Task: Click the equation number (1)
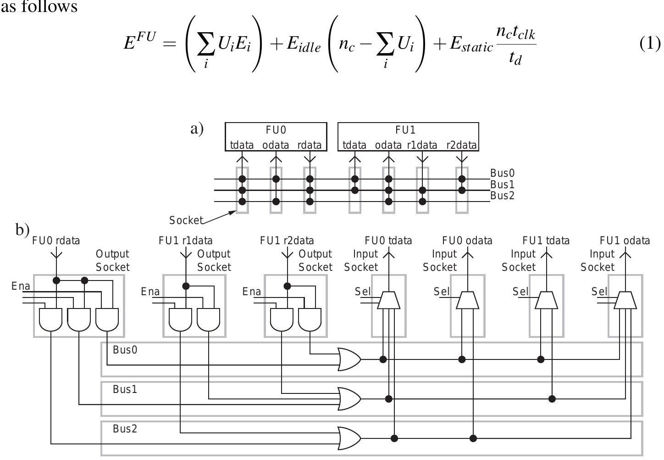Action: [650, 44]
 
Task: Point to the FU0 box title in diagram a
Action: [276, 130]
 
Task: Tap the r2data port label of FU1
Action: [462, 145]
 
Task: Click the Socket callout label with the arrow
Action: [186, 220]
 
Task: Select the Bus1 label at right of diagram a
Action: [503, 185]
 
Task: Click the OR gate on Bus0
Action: [349, 359]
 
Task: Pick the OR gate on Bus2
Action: [349, 438]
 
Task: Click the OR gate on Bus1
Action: [349, 398]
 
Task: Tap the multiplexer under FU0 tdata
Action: [389, 300]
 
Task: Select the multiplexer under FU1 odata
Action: [625, 300]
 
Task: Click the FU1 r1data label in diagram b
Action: [186, 241]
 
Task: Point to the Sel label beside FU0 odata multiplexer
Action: [442, 292]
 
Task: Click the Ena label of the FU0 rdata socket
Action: [21, 286]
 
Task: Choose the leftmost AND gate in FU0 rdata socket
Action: [50, 320]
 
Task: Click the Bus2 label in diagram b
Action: [125, 429]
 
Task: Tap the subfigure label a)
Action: [197, 129]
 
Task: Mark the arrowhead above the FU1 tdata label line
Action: [546, 253]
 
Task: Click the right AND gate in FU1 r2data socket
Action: [310, 320]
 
